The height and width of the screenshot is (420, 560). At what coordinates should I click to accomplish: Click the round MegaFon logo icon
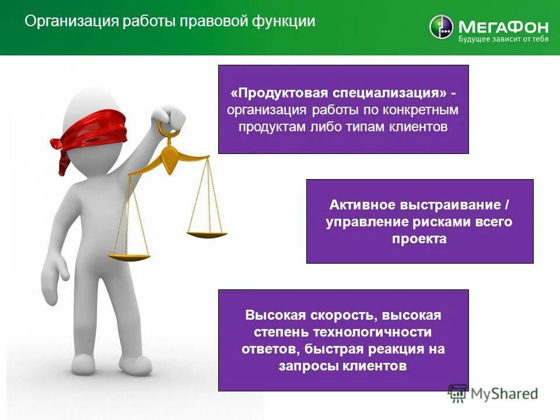click(x=441, y=27)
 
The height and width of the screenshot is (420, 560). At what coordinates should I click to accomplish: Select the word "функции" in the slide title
click(x=283, y=22)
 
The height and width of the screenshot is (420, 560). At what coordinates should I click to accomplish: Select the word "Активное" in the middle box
click(x=362, y=205)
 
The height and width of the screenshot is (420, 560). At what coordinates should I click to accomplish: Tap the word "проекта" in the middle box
click(x=419, y=238)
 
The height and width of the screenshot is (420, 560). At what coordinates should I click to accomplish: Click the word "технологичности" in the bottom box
click(x=373, y=332)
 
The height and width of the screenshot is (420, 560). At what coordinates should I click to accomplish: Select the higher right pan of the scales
click(x=206, y=234)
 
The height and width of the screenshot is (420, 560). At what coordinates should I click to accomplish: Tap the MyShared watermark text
click(x=504, y=393)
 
